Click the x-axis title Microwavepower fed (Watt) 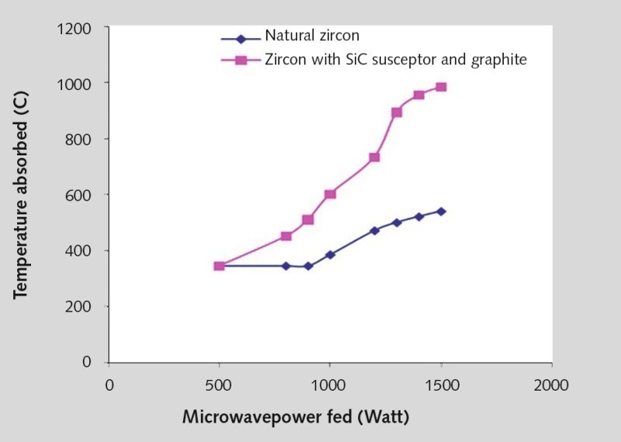click(296, 416)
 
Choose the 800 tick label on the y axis click(79, 139)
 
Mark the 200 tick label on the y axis click(79, 307)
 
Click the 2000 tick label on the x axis click(551, 384)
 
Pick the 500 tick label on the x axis click(220, 384)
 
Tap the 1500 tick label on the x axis click(441, 384)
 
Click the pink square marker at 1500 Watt click(441, 87)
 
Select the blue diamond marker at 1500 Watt click(441, 211)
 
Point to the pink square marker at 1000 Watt click(330, 194)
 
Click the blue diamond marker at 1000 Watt click(330, 255)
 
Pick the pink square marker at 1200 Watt click(374, 157)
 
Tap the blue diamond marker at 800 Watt click(286, 266)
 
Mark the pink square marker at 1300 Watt click(397, 113)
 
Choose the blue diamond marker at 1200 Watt click(374, 231)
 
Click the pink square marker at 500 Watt click(220, 266)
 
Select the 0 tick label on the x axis click(109, 384)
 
